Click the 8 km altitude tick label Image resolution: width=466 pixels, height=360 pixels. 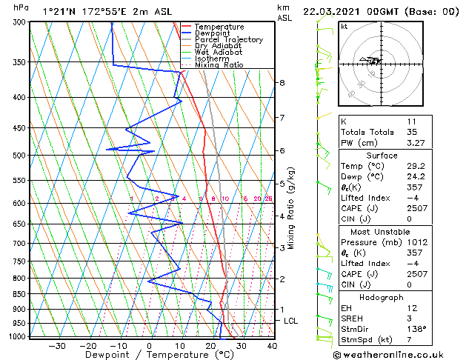coord(282,82)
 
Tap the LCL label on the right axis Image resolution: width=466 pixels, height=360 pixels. coord(291,321)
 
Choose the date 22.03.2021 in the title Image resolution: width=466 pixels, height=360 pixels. coord(339,12)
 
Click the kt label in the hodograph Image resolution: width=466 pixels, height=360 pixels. coord(344,27)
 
